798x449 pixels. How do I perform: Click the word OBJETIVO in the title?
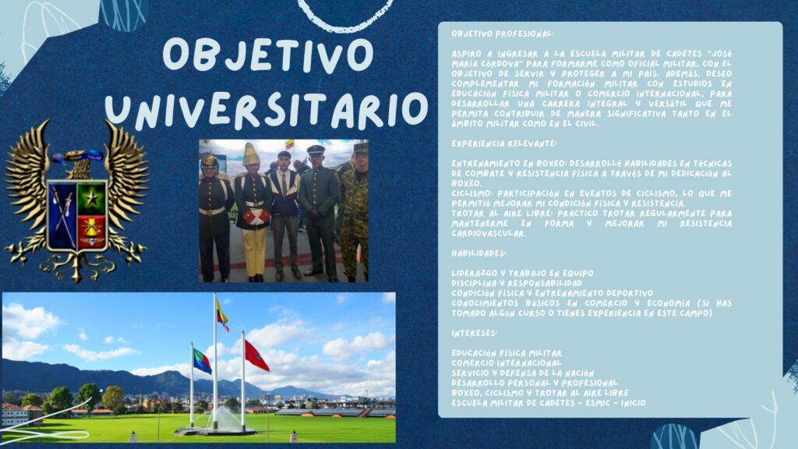point(268,54)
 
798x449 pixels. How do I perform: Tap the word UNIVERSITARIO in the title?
point(267,110)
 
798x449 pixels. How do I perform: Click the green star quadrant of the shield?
point(92,198)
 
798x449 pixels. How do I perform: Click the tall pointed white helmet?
point(251,154)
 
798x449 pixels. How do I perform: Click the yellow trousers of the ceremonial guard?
point(254,251)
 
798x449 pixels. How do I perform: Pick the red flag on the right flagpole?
point(256,355)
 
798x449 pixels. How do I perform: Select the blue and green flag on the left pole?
point(202,361)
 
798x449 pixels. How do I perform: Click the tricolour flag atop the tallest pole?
point(222,315)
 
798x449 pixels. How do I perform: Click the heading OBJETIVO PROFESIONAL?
point(503,34)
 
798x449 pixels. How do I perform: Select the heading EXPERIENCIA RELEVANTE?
point(504,143)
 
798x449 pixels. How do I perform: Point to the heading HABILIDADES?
point(479,253)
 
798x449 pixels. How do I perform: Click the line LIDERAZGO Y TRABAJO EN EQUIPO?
point(523,274)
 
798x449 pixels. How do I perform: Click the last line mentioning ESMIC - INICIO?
point(549,403)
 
